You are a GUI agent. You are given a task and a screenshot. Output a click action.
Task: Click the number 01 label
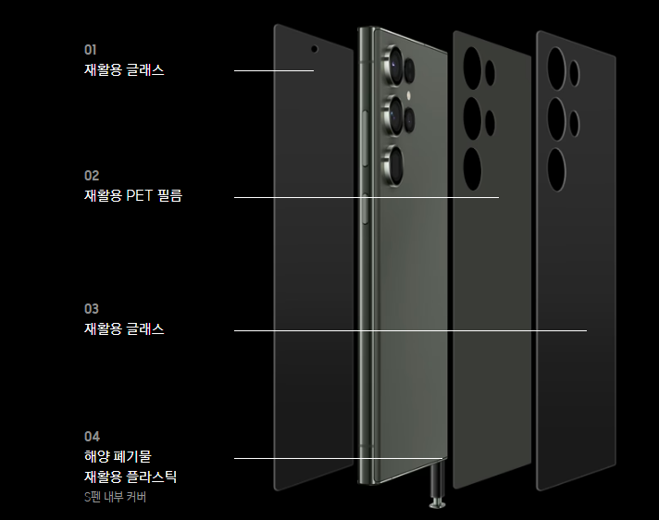tap(91, 50)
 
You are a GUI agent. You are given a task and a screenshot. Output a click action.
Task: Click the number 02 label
tap(92, 176)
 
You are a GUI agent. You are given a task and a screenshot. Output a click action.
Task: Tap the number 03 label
tap(92, 309)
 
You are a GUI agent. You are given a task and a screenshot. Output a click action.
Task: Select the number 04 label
tap(92, 437)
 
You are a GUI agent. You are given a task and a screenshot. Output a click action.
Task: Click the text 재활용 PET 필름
tap(133, 195)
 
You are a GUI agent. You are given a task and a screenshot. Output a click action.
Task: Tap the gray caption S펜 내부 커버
tap(115, 497)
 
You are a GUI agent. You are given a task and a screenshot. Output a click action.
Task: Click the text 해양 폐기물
tap(118, 456)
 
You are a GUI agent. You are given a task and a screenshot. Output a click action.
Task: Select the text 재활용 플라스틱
tap(131, 477)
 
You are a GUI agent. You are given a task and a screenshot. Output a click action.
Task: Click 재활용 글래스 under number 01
tap(124, 69)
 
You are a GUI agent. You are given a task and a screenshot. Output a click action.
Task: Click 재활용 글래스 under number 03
tap(124, 328)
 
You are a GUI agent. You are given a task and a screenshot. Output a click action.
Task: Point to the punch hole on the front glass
tap(314, 49)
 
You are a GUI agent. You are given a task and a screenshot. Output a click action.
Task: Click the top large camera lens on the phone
tap(393, 65)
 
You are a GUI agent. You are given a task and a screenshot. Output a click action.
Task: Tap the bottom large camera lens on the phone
tap(393, 166)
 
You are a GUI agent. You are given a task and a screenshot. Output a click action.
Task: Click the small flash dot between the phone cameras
tap(408, 96)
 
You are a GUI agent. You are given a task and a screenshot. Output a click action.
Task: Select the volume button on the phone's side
tap(365, 139)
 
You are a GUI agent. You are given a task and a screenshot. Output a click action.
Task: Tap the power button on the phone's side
tap(365, 209)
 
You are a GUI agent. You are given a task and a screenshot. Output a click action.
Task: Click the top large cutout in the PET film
tap(472, 68)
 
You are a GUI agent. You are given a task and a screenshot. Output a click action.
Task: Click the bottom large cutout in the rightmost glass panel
tap(556, 169)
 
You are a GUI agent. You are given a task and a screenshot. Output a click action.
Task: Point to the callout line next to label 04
tap(339, 458)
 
